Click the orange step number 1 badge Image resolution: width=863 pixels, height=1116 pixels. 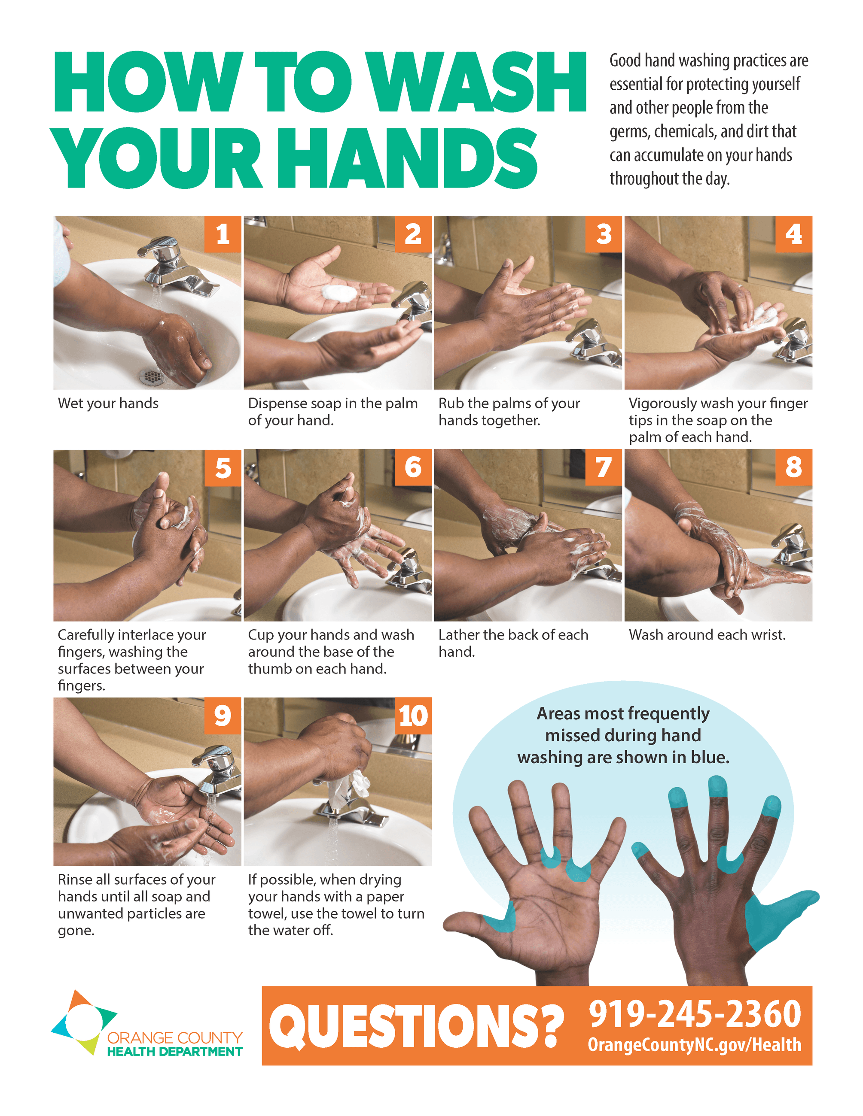pos(223,234)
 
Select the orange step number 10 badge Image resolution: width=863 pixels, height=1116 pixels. pos(413,716)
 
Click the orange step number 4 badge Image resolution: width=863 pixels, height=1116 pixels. pos(793,234)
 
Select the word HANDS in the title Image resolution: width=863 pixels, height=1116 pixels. pos(415,158)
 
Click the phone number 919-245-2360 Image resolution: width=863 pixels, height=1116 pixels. pos(695,1014)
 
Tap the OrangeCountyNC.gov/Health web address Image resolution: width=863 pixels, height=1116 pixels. pos(694,1045)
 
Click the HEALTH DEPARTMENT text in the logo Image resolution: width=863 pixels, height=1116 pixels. pos(175,1052)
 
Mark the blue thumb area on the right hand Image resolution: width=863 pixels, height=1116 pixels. pos(775,920)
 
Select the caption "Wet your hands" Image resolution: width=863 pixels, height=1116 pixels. pos(108,403)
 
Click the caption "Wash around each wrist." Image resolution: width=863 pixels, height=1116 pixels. pos(707,635)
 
